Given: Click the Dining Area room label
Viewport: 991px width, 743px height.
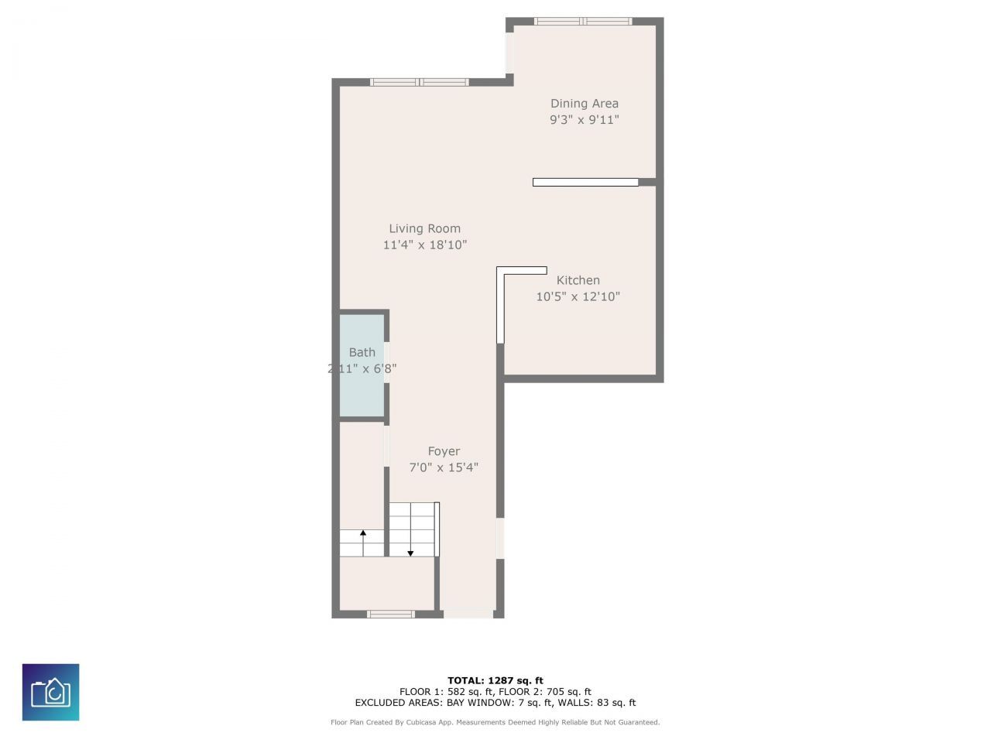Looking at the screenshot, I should point(584,104).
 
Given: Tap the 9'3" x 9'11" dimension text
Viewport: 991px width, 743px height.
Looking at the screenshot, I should point(584,120).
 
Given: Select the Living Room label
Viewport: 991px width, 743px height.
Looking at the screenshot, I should point(424,228).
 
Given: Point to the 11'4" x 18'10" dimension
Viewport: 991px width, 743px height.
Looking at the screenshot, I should point(424,245).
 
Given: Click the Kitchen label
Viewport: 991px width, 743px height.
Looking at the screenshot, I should point(578,280).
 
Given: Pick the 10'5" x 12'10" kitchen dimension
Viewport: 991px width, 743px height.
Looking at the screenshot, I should point(578,296).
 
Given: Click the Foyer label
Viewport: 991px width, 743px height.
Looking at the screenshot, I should point(444,451).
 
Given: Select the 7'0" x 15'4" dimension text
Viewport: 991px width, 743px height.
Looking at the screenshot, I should point(444,467).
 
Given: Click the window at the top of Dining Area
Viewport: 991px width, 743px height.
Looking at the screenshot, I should point(583,22).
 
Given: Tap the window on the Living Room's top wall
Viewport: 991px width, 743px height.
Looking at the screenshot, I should point(419,82).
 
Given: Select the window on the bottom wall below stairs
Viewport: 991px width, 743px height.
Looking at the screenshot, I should point(391,614).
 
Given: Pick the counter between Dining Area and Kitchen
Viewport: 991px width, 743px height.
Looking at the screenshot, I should point(585,183).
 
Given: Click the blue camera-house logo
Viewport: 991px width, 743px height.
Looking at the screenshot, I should point(50,692).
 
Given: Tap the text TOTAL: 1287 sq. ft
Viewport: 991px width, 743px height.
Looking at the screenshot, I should point(495,680).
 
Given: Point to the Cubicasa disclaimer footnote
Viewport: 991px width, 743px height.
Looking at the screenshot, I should point(495,722).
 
